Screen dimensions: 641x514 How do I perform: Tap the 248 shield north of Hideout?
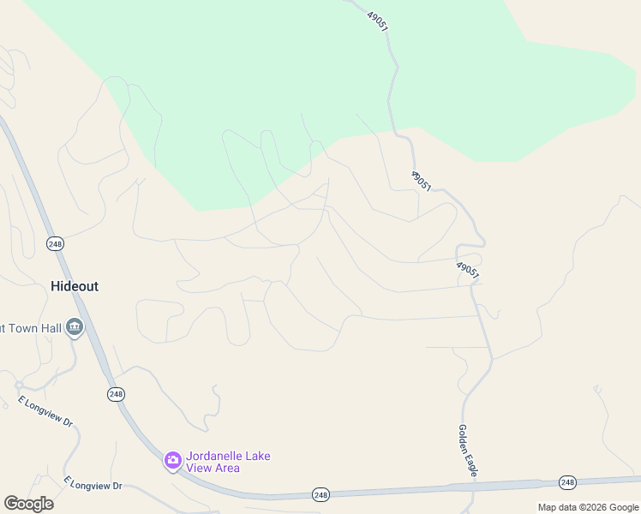coord(56,244)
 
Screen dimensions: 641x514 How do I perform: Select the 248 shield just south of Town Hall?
coord(117,394)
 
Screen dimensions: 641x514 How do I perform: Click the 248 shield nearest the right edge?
coord(566,482)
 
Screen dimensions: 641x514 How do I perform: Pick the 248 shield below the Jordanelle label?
coord(320,494)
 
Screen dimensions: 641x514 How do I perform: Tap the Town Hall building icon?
coord(75,328)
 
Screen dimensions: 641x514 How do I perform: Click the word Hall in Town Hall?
coord(47,327)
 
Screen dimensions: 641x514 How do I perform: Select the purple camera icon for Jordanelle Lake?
coord(172,462)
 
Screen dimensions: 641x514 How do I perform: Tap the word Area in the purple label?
coord(222,469)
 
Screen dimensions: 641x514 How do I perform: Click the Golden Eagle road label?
coord(467,451)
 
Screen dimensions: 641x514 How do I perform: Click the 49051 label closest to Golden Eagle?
coord(467,271)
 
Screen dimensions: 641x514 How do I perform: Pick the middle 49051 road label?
coord(421,181)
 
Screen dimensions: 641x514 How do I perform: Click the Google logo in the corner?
coord(28,504)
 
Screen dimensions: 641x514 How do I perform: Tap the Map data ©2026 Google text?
coord(588,507)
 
